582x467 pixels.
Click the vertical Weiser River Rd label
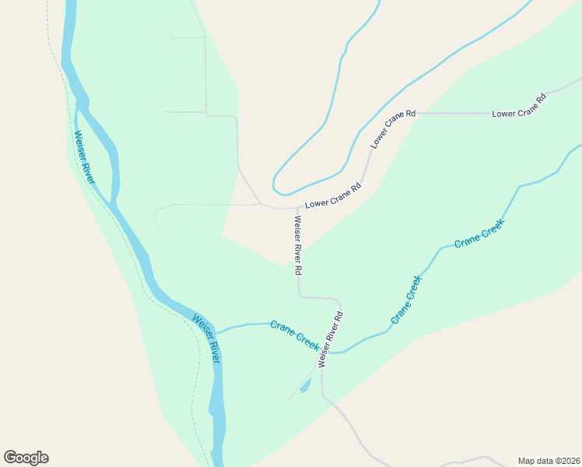click(297, 244)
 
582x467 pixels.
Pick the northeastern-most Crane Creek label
click(479, 233)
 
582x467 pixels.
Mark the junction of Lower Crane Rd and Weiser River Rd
click(297, 208)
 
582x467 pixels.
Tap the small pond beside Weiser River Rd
click(305, 384)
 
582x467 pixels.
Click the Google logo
click(26, 458)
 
